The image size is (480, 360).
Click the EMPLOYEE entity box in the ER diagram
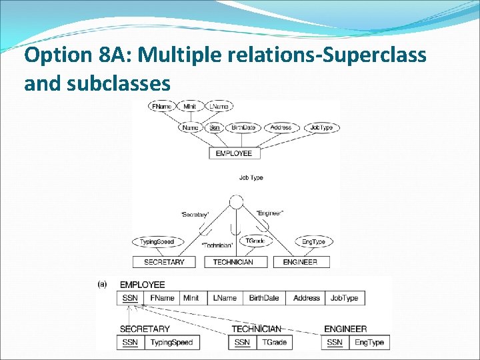233,153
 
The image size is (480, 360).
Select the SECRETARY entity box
164,262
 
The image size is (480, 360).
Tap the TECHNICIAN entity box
233,262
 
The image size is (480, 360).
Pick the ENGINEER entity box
300,262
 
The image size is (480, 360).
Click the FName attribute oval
161,107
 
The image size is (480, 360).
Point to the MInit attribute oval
191,107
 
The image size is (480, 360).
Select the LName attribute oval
219,107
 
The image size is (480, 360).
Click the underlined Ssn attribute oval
214,127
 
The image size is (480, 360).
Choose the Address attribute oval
281,127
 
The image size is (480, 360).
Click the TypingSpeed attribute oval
157,241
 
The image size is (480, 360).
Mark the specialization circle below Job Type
235,203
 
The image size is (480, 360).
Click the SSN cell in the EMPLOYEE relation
131,298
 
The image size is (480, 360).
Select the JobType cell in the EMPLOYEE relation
345,298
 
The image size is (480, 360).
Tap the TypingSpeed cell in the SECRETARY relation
171,342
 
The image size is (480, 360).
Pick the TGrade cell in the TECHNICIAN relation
274,342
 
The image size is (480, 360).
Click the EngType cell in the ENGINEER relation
369,342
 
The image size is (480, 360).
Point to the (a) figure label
103,284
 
